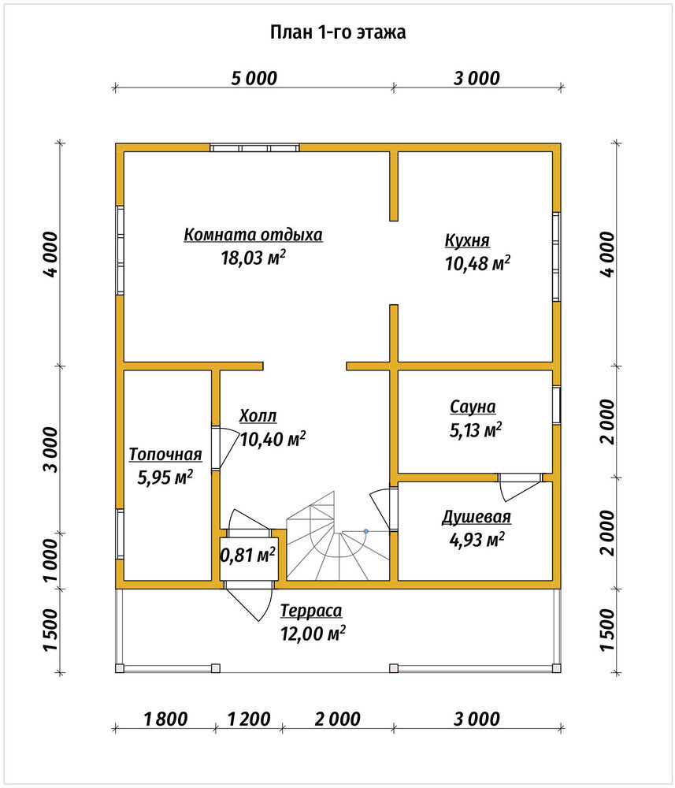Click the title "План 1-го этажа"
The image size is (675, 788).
coord(338,32)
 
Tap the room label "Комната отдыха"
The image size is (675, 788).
coord(253,235)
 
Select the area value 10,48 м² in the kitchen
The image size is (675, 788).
coord(477,263)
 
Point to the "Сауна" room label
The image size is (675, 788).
coord(473,407)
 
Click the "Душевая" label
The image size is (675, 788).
coord(477,517)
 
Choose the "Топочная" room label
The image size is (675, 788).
coord(165,454)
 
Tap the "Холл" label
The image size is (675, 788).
coord(258,416)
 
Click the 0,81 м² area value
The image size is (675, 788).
coord(248,555)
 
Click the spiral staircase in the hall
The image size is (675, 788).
coord(337,537)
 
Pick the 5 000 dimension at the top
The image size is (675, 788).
coord(254,78)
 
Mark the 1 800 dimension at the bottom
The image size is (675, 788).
coord(165,719)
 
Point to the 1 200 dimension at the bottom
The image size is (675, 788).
coord(249,719)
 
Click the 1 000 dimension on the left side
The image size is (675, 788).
coord(50,560)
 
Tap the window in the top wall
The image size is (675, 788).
coord(254,148)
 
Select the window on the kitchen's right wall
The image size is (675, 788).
coord(556,257)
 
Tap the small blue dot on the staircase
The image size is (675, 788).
coord(366,531)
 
